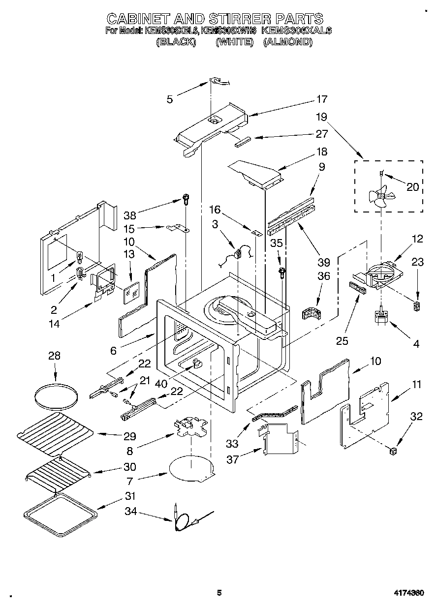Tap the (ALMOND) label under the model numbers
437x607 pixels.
[288, 42]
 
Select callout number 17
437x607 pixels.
[321, 99]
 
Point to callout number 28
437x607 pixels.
[54, 356]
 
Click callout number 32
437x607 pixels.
[416, 416]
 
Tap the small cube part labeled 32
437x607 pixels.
[393, 451]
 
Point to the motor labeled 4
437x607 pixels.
[381, 317]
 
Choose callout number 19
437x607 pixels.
[321, 118]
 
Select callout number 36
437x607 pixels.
[323, 276]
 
